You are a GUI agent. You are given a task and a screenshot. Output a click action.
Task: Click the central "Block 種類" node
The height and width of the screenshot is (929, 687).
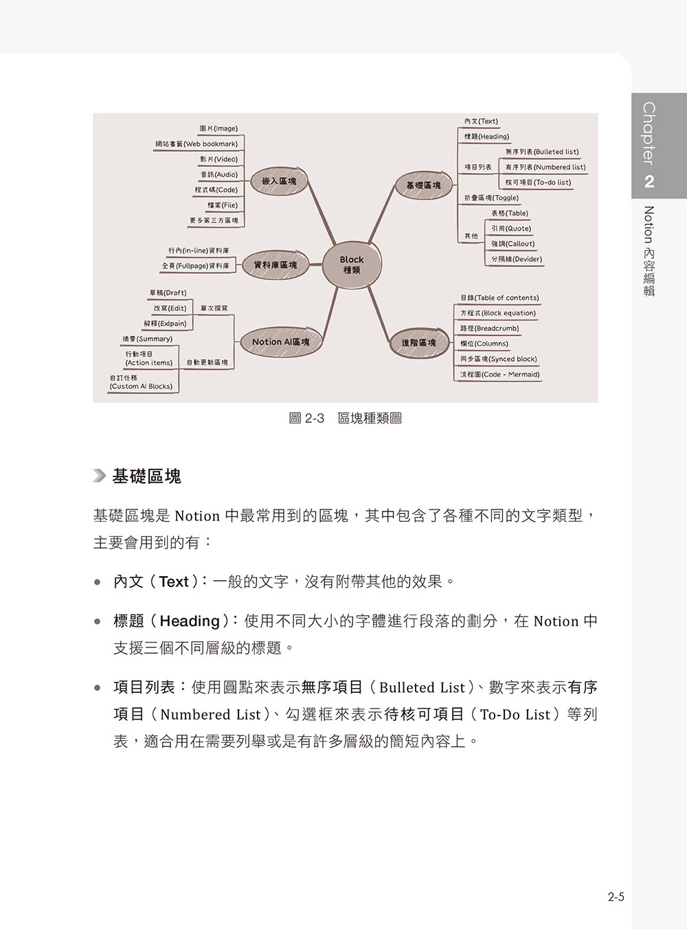pyautogui.click(x=351, y=265)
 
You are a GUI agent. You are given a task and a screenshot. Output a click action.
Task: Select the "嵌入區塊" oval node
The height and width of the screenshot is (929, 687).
pyautogui.click(x=278, y=181)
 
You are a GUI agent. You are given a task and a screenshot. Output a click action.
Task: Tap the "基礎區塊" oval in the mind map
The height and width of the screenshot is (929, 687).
pyautogui.click(x=423, y=186)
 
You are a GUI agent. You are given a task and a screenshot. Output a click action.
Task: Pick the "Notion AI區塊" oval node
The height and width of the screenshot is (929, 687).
pyautogui.click(x=281, y=342)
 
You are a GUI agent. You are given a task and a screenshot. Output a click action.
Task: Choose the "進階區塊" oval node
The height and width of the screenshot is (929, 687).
pyautogui.click(x=418, y=343)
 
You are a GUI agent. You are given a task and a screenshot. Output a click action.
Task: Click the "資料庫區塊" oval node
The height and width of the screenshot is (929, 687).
pyautogui.click(x=275, y=265)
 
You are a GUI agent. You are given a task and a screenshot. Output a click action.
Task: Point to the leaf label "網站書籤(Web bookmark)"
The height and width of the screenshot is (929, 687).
pyautogui.click(x=196, y=144)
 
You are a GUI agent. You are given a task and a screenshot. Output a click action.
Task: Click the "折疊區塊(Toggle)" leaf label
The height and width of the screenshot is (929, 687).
pyautogui.click(x=491, y=198)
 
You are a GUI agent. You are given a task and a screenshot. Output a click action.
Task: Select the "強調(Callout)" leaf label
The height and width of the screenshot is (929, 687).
pyautogui.click(x=513, y=244)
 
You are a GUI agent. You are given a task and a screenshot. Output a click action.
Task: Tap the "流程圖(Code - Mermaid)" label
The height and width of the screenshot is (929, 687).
pyautogui.click(x=499, y=374)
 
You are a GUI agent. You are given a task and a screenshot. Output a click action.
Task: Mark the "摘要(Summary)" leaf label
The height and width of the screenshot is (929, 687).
pyautogui.click(x=148, y=339)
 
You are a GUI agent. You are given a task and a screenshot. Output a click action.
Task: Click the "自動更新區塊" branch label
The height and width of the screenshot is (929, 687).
pyautogui.click(x=207, y=363)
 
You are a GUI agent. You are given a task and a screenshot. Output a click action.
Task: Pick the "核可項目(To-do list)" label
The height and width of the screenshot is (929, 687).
pyautogui.click(x=538, y=183)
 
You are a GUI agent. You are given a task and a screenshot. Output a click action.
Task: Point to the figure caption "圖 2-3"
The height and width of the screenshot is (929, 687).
pyautogui.click(x=306, y=418)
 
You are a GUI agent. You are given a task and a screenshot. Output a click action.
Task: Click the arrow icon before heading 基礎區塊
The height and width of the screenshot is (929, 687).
pyautogui.click(x=100, y=476)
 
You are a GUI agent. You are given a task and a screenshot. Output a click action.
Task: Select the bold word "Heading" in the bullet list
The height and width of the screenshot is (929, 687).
pyautogui.click(x=190, y=621)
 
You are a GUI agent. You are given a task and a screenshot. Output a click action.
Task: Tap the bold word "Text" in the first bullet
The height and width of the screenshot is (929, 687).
pyautogui.click(x=174, y=582)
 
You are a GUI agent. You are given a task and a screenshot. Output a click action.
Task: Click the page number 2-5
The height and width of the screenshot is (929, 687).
pyautogui.click(x=616, y=897)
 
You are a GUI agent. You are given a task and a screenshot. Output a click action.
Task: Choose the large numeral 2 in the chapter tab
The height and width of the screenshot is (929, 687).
pyautogui.click(x=649, y=182)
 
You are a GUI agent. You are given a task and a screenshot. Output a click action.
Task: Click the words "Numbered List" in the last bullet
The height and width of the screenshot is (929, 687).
pyautogui.click(x=210, y=715)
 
